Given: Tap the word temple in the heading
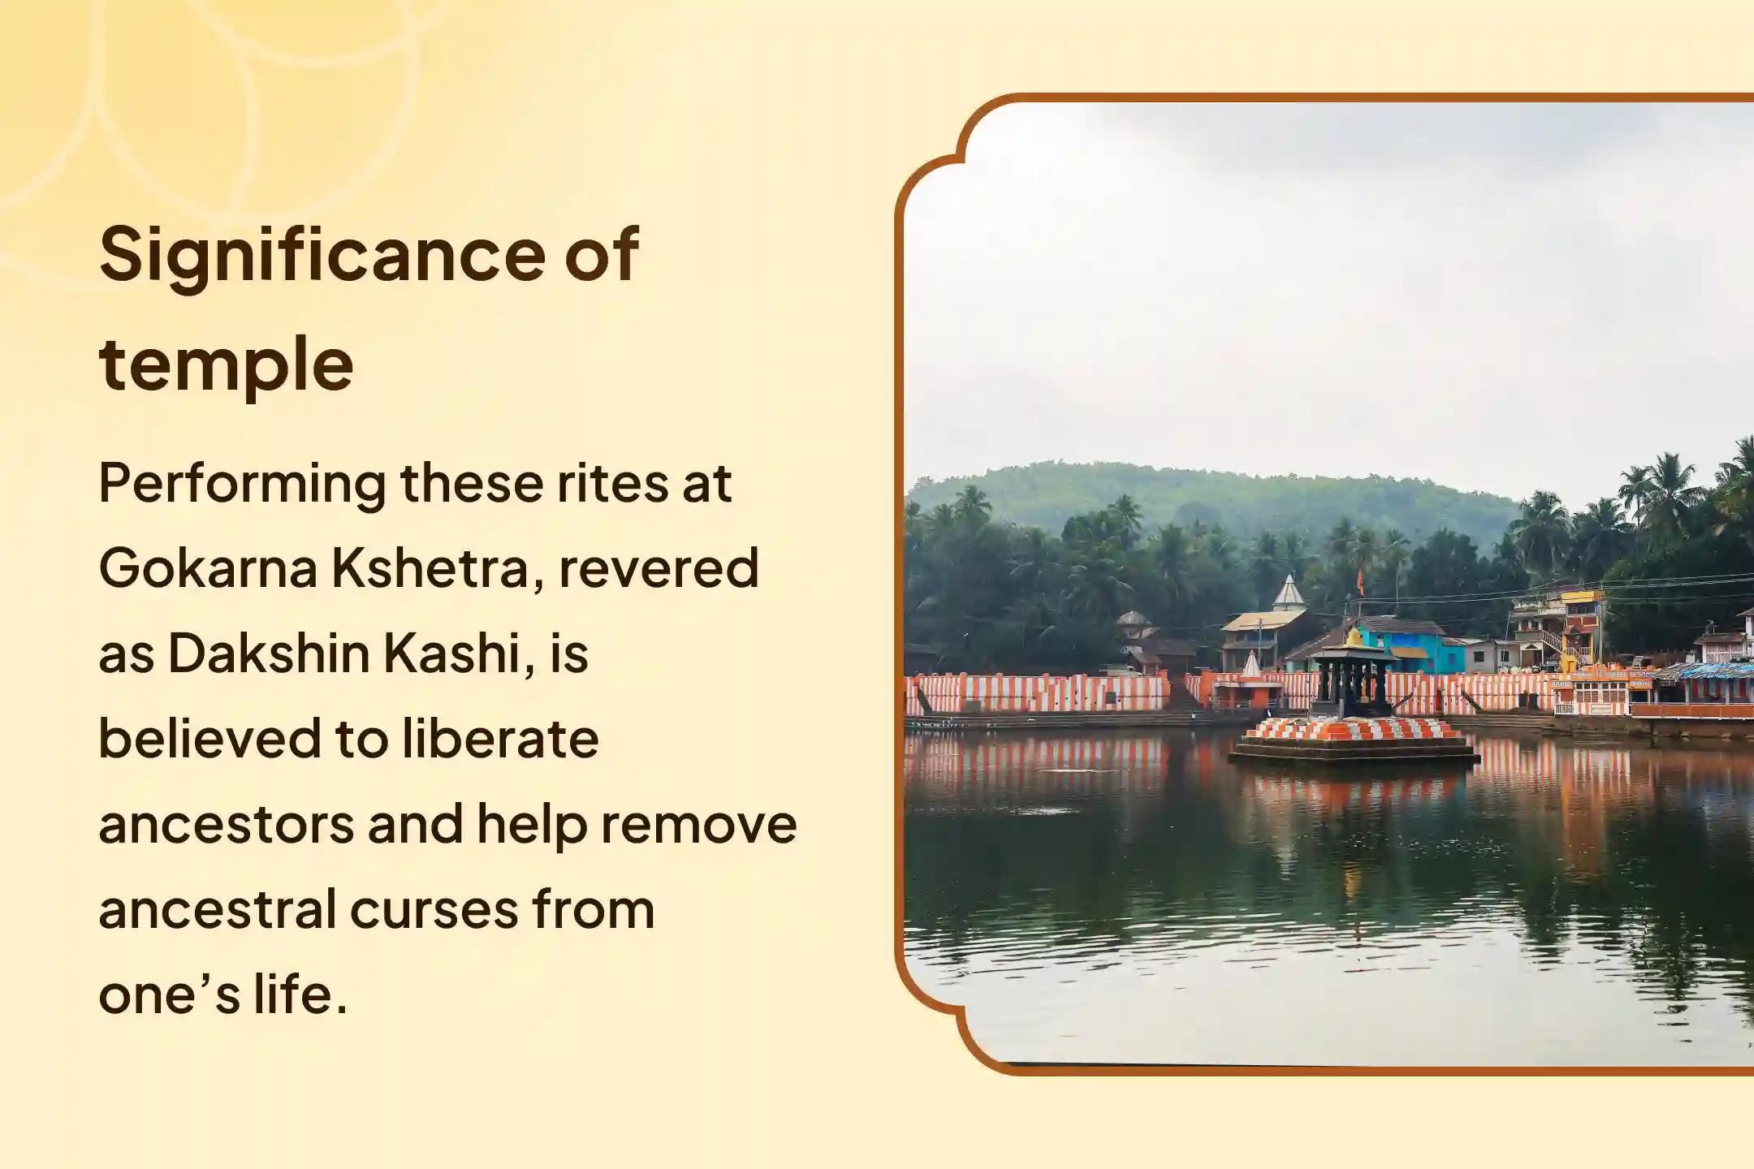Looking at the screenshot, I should (x=226, y=365).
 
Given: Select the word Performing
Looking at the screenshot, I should (x=242, y=485).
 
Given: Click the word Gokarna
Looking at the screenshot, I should (x=208, y=568).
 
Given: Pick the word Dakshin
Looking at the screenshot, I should (x=268, y=654).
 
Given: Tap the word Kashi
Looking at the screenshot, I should (x=458, y=654).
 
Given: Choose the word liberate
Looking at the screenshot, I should (x=500, y=739).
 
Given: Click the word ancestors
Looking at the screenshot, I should (x=226, y=825).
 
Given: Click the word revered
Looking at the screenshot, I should (x=659, y=568).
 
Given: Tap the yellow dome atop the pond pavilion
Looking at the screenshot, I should (x=1354, y=638).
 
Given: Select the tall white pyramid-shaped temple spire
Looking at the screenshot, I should (x=1289, y=593).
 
